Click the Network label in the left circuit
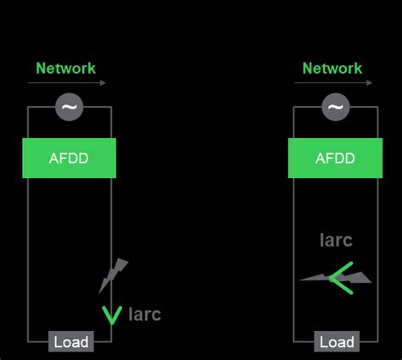[x=65, y=68]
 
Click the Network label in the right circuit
[x=332, y=68]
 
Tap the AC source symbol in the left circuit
[x=69, y=107]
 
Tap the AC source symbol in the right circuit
[x=336, y=107]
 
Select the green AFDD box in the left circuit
[x=68, y=158]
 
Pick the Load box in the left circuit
[x=70, y=342]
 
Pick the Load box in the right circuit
[x=337, y=342]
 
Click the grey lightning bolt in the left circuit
[x=113, y=275]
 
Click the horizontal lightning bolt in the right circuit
[x=335, y=277]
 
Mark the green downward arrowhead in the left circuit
[x=111, y=315]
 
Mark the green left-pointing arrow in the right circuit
[x=342, y=277]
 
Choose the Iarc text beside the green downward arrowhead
[x=144, y=315]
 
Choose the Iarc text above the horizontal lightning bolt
[x=336, y=240]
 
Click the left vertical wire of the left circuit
[x=28, y=254]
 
